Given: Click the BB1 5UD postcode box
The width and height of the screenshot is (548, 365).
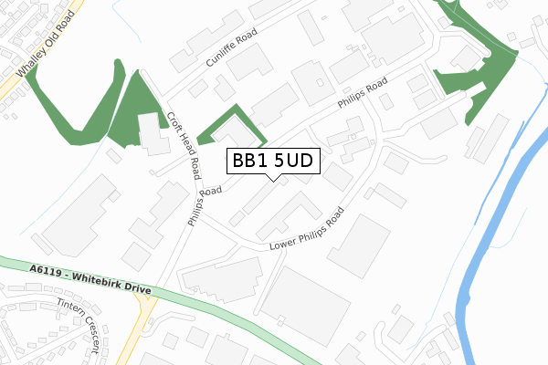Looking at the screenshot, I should click(271, 161).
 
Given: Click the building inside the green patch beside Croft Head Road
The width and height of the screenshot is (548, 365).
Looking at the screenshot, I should click(151, 133).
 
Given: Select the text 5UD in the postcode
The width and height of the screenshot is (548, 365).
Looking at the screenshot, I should click(294, 161).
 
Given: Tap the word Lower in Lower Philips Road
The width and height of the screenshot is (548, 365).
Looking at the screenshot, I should click(284, 242).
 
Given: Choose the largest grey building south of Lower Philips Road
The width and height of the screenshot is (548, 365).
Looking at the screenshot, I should click(306, 306).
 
